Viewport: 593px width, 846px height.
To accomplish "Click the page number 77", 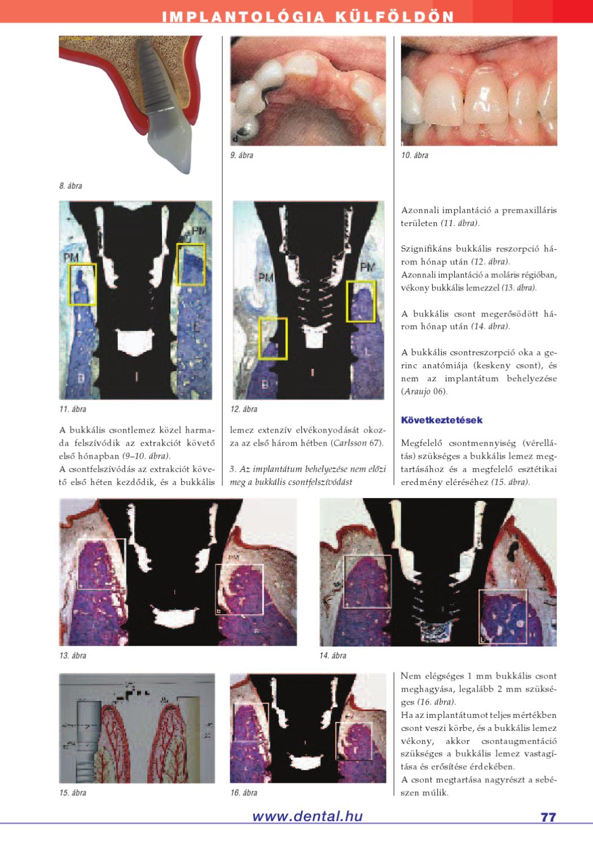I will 548,817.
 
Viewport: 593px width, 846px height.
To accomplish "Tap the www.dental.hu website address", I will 308,816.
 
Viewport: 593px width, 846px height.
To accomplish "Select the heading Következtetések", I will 442,420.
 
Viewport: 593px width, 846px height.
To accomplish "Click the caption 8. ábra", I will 71,186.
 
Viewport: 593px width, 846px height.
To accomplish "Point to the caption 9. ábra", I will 241,155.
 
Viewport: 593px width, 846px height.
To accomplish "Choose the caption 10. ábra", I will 415,155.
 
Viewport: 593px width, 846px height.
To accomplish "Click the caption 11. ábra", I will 73,409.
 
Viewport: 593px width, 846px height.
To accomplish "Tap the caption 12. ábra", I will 244,409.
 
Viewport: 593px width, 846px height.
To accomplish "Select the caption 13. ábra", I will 73,655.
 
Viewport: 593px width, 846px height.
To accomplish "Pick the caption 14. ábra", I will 333,655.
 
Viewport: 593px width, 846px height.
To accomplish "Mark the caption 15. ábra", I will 73,792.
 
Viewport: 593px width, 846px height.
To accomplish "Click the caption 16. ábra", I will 244,792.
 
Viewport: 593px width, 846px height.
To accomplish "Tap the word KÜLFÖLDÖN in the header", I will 395,17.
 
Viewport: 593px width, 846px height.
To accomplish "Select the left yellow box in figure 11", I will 82,284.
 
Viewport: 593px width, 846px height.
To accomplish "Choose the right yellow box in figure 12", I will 361,301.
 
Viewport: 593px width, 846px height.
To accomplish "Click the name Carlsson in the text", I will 350,443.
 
